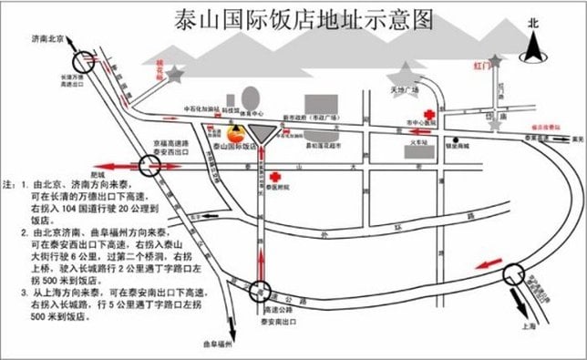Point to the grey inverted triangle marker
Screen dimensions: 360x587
tap(266, 134)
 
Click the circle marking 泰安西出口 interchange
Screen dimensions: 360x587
tap(149, 166)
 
